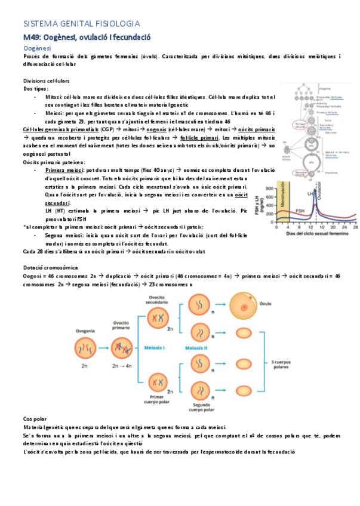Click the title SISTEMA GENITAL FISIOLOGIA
pyautogui.click(x=81, y=24)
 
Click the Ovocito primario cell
pyautogui.click(x=122, y=351)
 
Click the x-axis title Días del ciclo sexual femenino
pyautogui.click(x=315, y=233)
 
